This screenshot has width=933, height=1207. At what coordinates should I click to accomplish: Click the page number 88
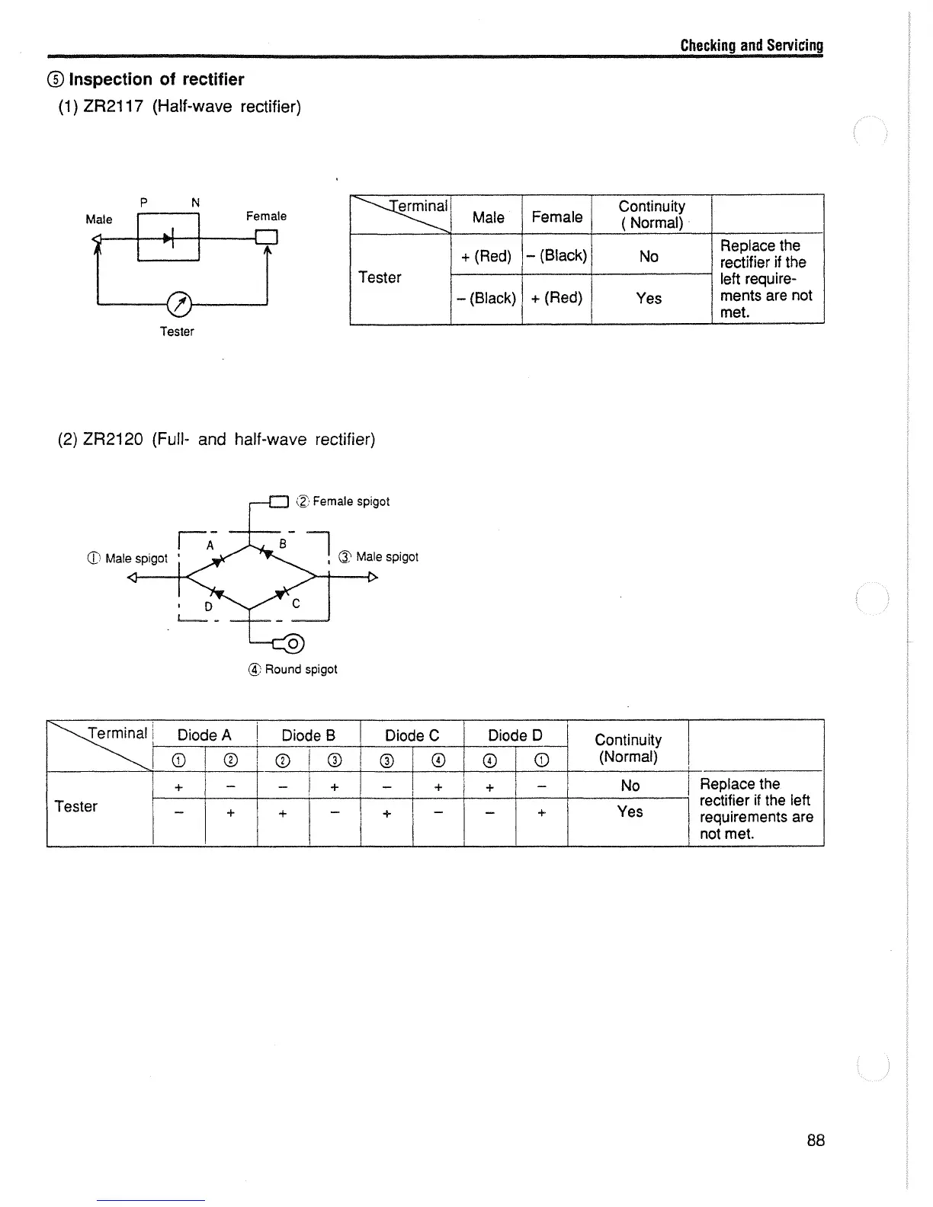[x=815, y=1140]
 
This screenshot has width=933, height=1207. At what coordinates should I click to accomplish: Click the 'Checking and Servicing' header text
[x=752, y=45]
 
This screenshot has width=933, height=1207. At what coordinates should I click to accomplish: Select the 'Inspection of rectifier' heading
[x=156, y=79]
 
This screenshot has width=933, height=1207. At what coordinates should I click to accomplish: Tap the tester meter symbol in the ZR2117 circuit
[x=178, y=304]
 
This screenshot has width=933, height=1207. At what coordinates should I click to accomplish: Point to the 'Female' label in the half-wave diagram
[x=266, y=216]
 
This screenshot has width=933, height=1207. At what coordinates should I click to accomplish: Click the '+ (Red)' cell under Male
[x=486, y=256]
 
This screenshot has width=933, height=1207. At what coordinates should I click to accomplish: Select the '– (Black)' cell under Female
[x=556, y=255]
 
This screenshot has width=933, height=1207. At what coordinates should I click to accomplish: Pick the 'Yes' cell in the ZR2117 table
[x=649, y=298]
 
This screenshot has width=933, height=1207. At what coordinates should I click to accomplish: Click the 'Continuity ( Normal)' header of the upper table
[x=651, y=214]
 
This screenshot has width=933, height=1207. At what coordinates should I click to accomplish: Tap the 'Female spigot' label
[x=351, y=501]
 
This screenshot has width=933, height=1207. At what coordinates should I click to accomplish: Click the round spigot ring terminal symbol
[x=293, y=644]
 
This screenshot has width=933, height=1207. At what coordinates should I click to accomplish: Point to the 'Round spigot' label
[x=300, y=669]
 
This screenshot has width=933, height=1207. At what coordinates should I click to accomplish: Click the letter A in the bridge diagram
[x=210, y=545]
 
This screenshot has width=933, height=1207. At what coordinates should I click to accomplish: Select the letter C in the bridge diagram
[x=296, y=603]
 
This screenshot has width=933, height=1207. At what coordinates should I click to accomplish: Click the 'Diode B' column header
[x=308, y=735]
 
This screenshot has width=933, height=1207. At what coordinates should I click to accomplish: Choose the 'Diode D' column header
[x=515, y=735]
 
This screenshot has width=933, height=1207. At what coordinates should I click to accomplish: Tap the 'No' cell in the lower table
[x=630, y=786]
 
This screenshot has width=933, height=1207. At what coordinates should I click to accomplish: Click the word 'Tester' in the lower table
[x=76, y=806]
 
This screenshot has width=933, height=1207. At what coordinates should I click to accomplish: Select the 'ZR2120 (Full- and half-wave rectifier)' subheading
[x=217, y=440]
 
